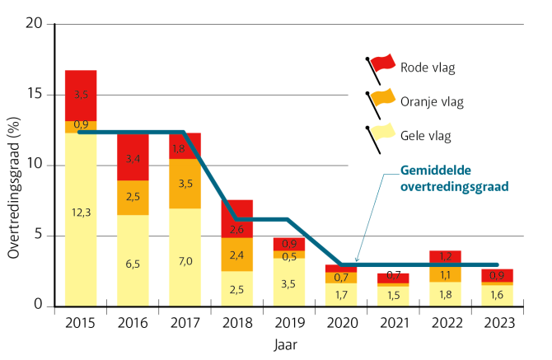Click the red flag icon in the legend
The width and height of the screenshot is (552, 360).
381,64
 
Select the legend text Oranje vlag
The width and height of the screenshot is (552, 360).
432,102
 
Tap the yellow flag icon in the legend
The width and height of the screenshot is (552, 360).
381,133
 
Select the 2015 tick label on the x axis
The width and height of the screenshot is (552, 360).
81,324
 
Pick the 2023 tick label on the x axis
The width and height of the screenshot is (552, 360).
498,324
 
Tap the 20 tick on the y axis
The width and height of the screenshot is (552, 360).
34,24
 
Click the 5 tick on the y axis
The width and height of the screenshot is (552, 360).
38,236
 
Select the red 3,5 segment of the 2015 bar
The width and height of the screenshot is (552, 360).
81,96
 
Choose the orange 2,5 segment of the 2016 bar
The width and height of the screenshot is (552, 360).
133,197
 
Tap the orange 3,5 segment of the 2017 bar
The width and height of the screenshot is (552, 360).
185,183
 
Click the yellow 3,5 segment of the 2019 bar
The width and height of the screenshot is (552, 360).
289,283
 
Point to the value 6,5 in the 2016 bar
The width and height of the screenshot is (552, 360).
133,264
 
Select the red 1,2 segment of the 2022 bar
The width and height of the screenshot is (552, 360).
446,255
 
